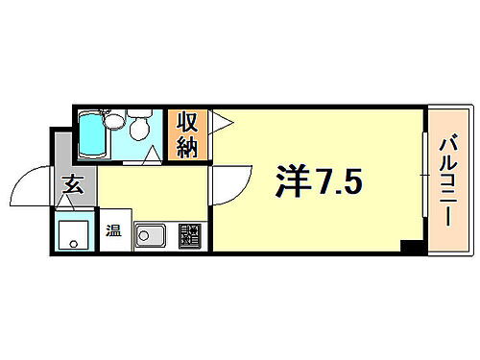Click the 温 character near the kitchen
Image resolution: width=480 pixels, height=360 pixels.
(113, 230)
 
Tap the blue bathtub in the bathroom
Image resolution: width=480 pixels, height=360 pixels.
(95, 135)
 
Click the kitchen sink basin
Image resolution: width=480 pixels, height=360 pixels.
(152, 234)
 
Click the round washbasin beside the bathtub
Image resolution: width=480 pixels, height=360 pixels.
(114, 120)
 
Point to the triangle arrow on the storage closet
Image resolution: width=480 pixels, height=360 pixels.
(219, 122)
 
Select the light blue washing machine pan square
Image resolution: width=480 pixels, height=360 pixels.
(74, 233)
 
